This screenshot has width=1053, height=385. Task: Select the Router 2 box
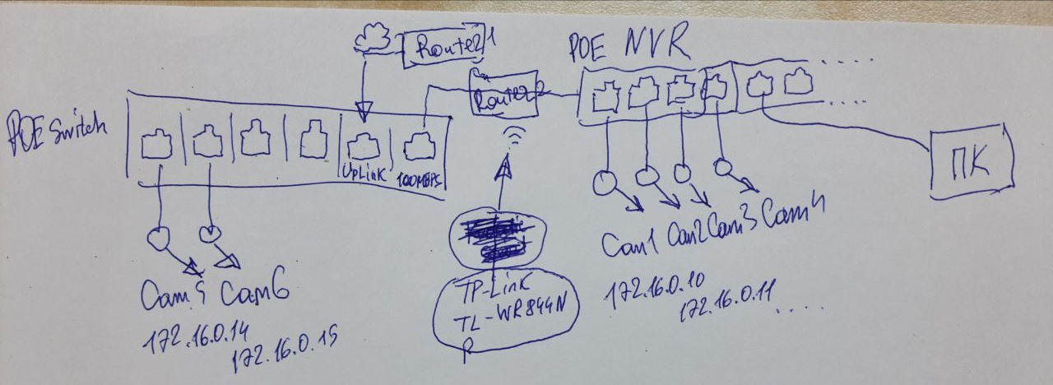pyautogui.click(x=502, y=95)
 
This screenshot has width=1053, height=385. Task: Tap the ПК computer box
pyautogui.click(x=971, y=163)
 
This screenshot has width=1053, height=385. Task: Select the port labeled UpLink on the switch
pyautogui.click(x=362, y=148)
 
